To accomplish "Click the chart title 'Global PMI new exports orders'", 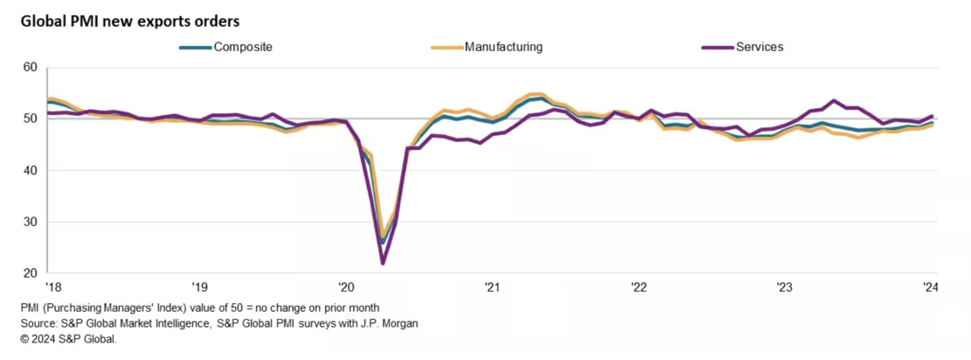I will point(130,21).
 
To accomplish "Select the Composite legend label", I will point(243,47).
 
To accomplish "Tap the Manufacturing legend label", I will point(503,47).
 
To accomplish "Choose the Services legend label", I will point(759,47).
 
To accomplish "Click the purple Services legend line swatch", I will point(717,47).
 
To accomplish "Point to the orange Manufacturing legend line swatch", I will point(447,47).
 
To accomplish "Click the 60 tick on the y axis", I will point(30,67).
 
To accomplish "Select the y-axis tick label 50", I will point(30,118).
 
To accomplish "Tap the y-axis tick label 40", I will point(30,170).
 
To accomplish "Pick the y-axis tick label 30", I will point(30,222).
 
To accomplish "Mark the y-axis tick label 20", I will point(30,273).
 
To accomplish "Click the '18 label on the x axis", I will point(53,288).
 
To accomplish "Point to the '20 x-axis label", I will point(346,288).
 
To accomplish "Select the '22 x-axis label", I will point(638,288).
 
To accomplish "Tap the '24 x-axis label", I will point(930,288).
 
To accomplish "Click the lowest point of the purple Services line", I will point(383,263).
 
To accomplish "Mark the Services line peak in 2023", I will point(834,100).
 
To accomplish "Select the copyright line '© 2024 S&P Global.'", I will point(68,339).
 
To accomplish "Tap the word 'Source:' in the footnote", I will point(38,323).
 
